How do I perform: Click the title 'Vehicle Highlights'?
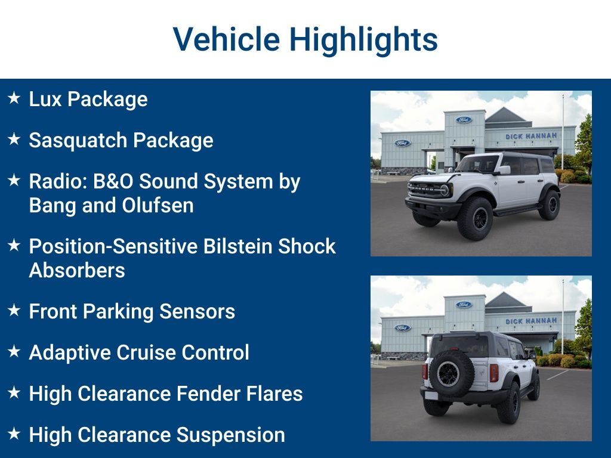click(x=305, y=39)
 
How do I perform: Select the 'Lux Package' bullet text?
click(x=88, y=99)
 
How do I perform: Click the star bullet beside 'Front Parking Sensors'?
click(x=14, y=310)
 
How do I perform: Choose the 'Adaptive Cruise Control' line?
click(x=138, y=352)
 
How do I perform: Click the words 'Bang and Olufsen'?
click(x=111, y=205)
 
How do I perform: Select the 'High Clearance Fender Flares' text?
click(x=165, y=394)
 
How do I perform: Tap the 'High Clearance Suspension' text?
click(x=156, y=435)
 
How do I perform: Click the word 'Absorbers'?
click(x=77, y=270)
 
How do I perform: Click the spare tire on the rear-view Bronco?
click(x=449, y=374)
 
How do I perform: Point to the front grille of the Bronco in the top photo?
click(x=426, y=190)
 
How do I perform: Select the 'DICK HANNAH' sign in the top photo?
click(x=530, y=137)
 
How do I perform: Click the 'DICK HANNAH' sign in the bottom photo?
click(x=530, y=321)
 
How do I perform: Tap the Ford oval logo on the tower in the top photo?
click(x=464, y=120)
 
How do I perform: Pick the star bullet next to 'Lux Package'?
click(x=14, y=98)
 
